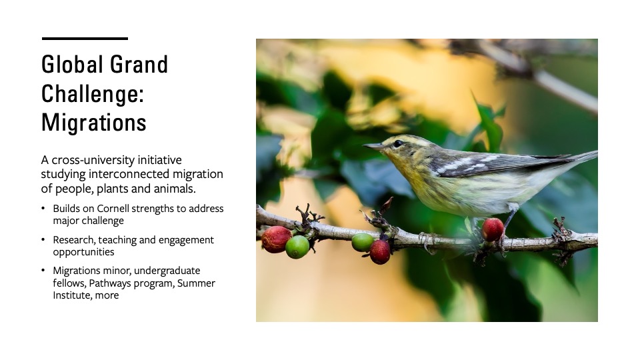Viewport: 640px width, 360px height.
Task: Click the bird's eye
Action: (x=398, y=143)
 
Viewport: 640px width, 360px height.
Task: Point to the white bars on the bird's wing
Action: (x=469, y=164)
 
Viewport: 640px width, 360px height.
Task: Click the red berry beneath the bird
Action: (x=493, y=229)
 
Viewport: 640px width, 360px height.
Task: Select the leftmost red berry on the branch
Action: (x=276, y=239)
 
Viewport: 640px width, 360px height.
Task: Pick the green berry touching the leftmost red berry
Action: (x=297, y=247)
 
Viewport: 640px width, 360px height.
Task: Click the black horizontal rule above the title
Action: (x=85, y=39)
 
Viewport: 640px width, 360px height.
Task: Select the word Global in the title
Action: (x=72, y=64)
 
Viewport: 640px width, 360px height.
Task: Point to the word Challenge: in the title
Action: (x=93, y=94)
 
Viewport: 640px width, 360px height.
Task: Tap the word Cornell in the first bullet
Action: (x=113, y=209)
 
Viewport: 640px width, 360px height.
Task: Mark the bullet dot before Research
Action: (x=43, y=239)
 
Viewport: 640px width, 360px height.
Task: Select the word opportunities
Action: (x=84, y=252)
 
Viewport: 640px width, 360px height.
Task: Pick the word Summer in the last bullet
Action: (x=196, y=283)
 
